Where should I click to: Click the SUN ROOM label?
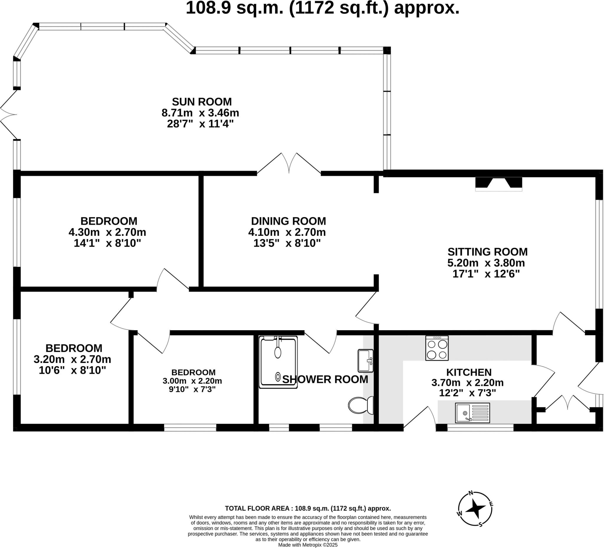tap(202, 102)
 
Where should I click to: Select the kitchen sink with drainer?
tap(472, 413)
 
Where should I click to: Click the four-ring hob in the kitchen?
tap(437, 348)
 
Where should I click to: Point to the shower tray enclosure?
tap(278, 362)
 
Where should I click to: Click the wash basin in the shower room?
tap(365, 361)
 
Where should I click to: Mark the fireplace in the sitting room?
tap(498, 184)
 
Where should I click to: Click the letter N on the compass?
tap(471, 493)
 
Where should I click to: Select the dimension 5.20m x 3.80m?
tap(486, 263)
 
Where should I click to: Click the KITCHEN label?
tap(469, 372)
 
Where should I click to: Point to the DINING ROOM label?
tap(288, 221)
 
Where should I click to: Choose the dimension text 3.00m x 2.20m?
tap(192, 381)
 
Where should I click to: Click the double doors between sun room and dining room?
tap(289, 165)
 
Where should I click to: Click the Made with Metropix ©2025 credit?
tap(308, 545)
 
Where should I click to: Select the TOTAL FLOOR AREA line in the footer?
tap(308, 509)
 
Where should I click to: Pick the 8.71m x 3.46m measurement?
tap(200, 113)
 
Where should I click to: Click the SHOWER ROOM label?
tap(325, 379)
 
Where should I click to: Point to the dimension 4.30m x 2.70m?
tap(107, 232)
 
